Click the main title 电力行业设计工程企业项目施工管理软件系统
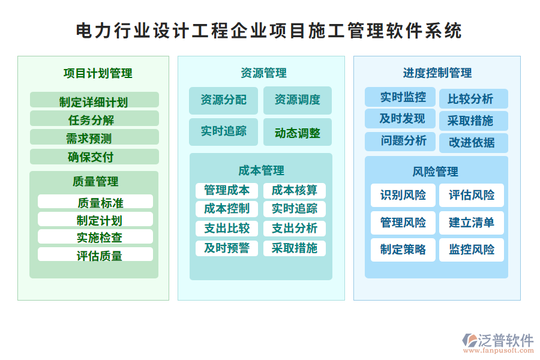tap(269, 31)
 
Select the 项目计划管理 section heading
tap(98, 73)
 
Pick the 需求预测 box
tap(94, 137)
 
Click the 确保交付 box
tap(94, 157)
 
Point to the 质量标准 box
tap(95, 202)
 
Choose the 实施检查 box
tap(95, 236)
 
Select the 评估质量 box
tap(95, 254)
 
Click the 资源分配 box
tap(224, 100)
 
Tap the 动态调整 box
tap(298, 132)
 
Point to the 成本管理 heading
tap(262, 170)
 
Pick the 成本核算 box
tap(295, 191)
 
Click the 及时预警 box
tap(227, 248)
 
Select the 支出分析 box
tap(295, 229)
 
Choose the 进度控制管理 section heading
tap(437, 73)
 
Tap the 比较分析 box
tap(473, 99)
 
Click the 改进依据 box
tap(473, 143)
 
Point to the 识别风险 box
tap(403, 196)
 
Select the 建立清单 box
tap(472, 223)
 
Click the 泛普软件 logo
tap(498, 343)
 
